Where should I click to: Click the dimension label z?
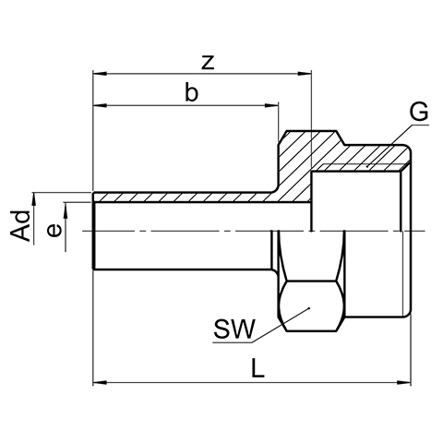point(208,63)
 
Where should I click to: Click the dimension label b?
point(191,91)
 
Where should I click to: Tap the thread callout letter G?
point(419,112)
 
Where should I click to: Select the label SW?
point(234,329)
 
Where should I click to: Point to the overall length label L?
point(257,368)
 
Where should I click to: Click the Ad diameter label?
point(20,225)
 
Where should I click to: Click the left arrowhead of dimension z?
point(100,74)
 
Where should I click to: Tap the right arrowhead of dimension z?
point(305,74)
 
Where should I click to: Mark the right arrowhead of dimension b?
point(271,105)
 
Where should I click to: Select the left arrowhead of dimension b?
point(100,105)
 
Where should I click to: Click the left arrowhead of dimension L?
point(100,383)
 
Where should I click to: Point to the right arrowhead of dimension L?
point(403,383)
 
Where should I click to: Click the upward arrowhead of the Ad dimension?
point(34,200)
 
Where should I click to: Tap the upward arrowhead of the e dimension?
point(66,210)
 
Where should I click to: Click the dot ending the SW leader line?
point(309,308)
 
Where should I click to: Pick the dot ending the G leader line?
point(367,166)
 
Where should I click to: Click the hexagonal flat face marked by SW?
point(310,305)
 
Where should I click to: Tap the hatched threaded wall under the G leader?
point(363,158)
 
